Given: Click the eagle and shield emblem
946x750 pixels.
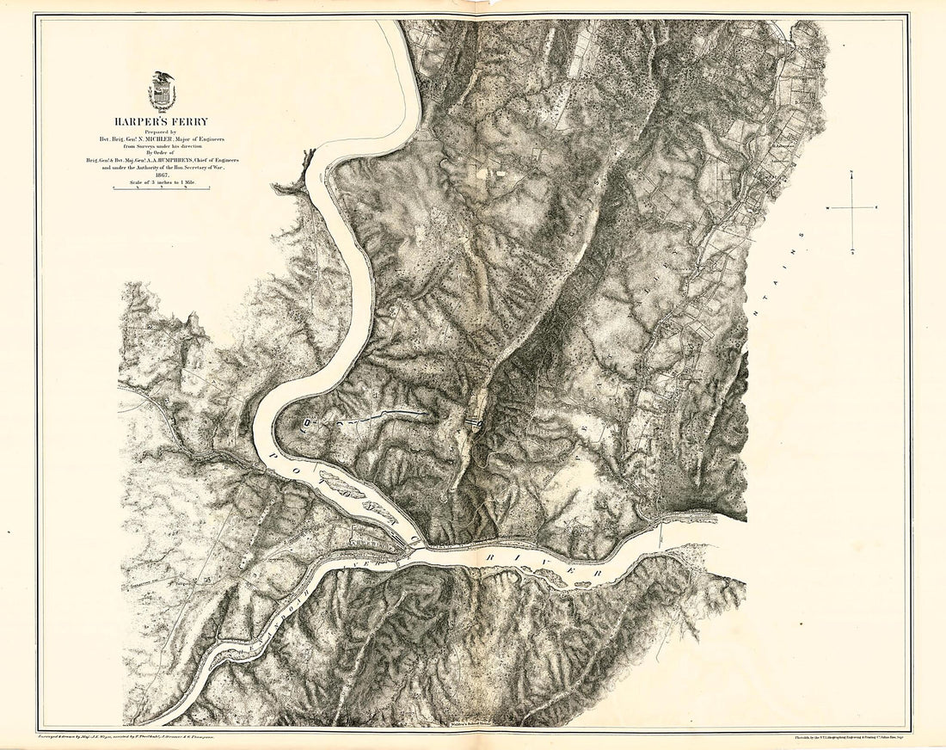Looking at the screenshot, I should (161, 91).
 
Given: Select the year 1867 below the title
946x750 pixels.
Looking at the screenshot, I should (161, 175).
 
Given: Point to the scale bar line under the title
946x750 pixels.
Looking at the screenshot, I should (161, 189).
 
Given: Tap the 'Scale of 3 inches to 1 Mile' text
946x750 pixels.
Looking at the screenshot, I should (161, 182).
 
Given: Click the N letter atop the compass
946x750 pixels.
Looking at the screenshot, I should (851, 173).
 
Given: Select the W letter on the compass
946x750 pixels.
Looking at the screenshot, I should (826, 208).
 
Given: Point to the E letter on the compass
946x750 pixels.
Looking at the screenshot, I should (876, 208).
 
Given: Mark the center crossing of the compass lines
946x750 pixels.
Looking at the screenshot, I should (851, 208).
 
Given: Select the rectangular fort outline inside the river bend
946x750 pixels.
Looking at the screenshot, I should (308, 422).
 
